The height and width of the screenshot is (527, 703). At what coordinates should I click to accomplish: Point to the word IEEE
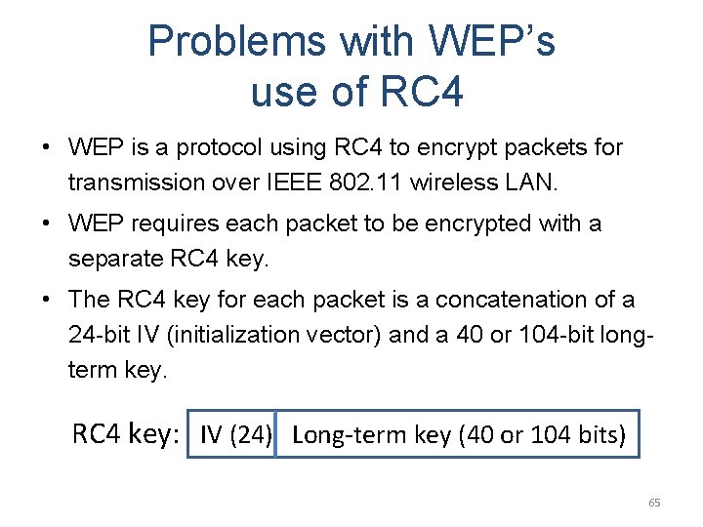349,182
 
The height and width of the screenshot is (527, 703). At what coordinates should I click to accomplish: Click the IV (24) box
234,434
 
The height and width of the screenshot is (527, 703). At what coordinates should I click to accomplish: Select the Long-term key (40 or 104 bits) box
458,434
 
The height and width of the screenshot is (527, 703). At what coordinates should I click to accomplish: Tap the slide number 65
654,503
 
